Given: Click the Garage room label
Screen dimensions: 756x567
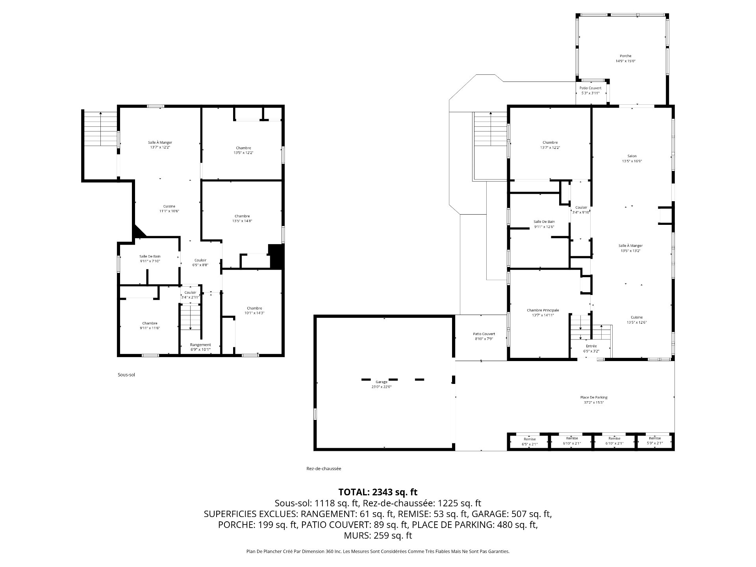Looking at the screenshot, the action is tap(381, 382).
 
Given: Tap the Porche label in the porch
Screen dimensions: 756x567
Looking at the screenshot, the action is tap(625, 56).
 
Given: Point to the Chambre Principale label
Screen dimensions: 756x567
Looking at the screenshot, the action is tap(543, 310).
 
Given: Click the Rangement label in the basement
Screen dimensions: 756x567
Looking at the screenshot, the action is tap(200, 345).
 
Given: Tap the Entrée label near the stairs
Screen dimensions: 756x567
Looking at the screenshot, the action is tap(591, 346).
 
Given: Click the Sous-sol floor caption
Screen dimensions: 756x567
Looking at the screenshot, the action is tap(126, 375).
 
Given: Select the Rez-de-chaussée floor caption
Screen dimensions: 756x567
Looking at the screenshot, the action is tap(324, 469).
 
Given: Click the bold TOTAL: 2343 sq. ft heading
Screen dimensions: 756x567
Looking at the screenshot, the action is tap(378, 492).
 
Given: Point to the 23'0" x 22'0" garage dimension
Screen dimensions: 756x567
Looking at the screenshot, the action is tap(381, 387).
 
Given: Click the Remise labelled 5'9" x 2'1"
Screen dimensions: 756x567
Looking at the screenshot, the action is tap(655, 438).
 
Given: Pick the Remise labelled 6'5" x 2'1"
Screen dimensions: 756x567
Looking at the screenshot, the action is tap(530, 439).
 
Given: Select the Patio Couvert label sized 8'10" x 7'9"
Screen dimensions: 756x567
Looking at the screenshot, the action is tap(484, 334).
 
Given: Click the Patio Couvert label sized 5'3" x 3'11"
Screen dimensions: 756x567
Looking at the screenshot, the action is tap(590, 88).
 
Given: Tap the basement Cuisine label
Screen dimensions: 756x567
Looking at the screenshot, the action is tap(169, 206).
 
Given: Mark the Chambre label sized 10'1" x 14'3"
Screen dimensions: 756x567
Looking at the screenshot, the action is tap(254, 308).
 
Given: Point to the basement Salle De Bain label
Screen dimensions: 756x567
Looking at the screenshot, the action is tap(150, 256).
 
